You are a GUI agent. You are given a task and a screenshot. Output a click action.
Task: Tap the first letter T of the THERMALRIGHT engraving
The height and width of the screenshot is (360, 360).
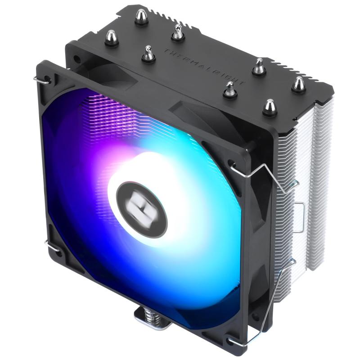pyautogui.click(x=166, y=51)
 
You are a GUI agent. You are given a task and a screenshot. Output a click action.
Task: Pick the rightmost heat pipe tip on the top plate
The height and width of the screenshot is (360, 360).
pyautogui.click(x=298, y=84)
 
